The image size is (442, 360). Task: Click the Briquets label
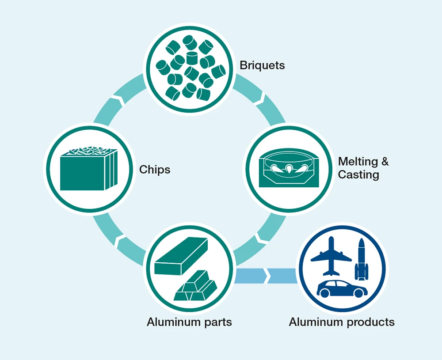pos(262,66)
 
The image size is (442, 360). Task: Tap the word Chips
pos(155,170)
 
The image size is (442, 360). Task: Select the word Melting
pos(358,162)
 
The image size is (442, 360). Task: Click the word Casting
pos(358,175)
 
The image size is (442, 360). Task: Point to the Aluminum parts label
pos(189,322)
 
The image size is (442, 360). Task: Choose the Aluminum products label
pos(342,322)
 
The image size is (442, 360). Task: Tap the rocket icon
pos(361,260)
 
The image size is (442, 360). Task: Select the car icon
pos(342,288)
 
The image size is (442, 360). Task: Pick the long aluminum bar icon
pos(181,255)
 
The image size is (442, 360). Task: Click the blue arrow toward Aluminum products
pos(265,276)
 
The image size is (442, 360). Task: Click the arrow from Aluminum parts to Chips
pos(116,239)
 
